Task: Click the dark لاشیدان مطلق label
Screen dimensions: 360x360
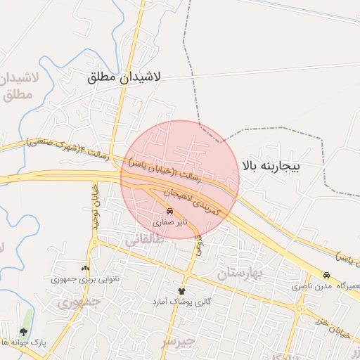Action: click(x=124, y=77)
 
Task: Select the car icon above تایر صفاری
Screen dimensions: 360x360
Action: click(x=169, y=211)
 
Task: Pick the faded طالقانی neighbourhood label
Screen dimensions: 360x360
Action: click(x=143, y=240)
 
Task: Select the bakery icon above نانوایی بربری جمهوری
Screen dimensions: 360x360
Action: click(x=86, y=268)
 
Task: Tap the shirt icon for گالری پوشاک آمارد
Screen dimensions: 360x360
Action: click(x=181, y=291)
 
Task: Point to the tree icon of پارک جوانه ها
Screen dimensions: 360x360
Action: click(x=23, y=331)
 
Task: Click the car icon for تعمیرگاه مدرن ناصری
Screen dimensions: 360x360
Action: click(x=326, y=276)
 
